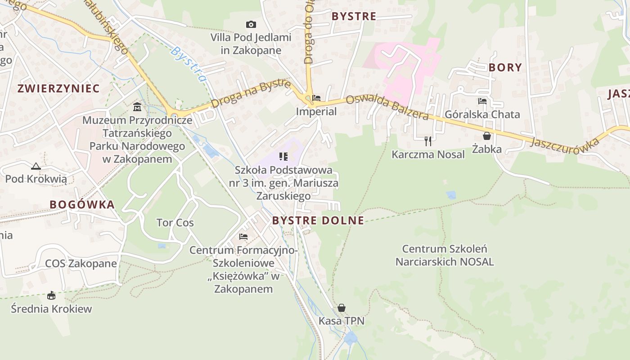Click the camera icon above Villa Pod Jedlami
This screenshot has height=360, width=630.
click(x=251, y=24)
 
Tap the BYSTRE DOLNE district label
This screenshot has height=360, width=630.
click(x=318, y=220)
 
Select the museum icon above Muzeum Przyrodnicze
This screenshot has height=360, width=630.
click(x=137, y=107)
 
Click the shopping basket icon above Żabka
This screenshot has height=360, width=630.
click(x=486, y=135)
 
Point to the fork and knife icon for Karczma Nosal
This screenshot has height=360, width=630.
click(x=428, y=141)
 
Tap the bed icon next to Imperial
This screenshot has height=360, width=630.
click(x=316, y=98)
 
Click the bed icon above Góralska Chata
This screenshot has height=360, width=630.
click(x=482, y=101)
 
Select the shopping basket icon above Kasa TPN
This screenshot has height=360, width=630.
click(x=342, y=308)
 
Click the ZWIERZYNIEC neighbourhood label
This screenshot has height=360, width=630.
click(x=58, y=88)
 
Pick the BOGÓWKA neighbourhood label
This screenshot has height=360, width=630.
click(x=82, y=205)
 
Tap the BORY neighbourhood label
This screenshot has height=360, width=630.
click(x=505, y=67)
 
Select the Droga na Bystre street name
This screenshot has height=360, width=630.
click(x=250, y=94)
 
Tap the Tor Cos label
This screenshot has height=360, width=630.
click(x=175, y=223)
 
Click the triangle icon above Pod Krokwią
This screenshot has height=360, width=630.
click(x=36, y=166)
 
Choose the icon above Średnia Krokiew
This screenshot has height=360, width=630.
click(x=51, y=296)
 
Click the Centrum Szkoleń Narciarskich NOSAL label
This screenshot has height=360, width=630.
click(x=445, y=255)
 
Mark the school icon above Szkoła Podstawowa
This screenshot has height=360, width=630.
click(x=283, y=157)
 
